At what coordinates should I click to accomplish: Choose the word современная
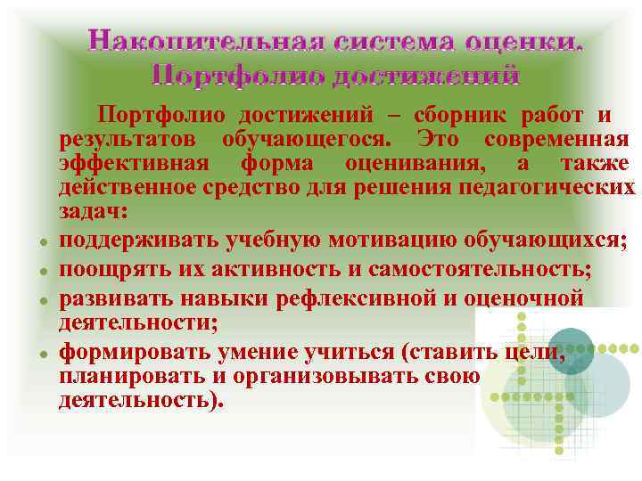point(557,140)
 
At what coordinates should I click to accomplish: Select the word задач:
point(93,212)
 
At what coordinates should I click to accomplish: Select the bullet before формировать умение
point(43,355)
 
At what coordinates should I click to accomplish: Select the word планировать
point(133,375)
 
